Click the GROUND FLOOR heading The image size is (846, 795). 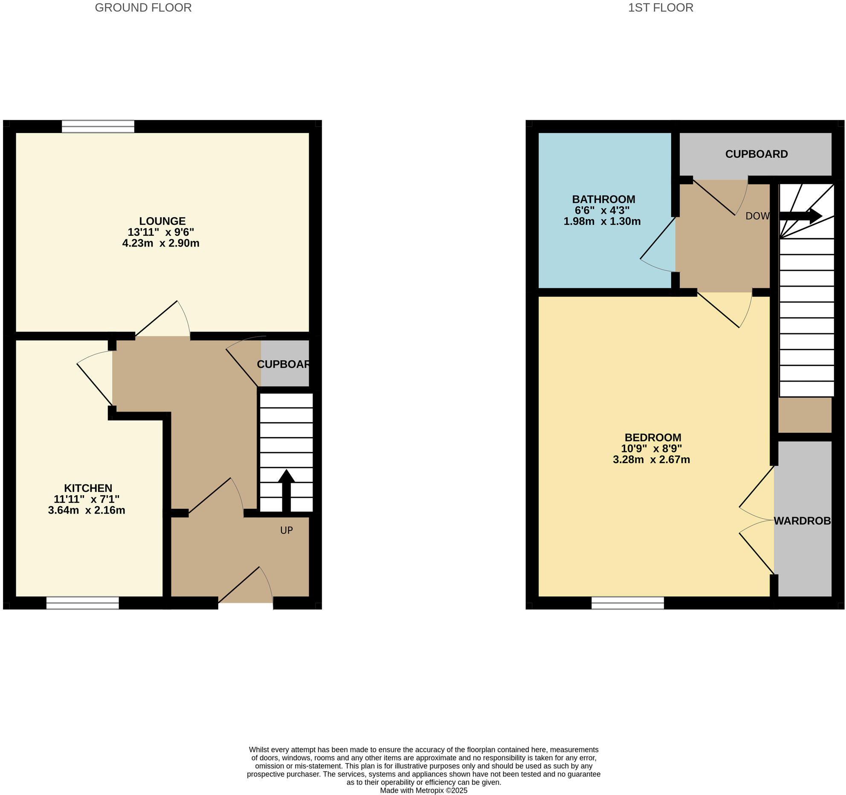coord(143,8)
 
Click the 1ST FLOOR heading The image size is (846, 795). coord(660,8)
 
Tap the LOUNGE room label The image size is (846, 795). coord(162,221)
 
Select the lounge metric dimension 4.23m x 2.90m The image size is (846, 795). coord(161,244)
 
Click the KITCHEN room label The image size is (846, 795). coord(88,488)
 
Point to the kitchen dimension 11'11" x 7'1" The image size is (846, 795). coord(87,499)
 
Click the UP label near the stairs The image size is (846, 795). coord(286,530)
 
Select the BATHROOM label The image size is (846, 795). coord(603,199)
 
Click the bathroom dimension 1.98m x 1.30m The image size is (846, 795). coord(602,222)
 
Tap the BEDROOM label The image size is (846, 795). coord(652,437)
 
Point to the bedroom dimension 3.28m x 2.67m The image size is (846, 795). coord(651,460)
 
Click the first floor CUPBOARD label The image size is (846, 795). coord(756,154)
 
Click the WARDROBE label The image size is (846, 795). coord(802,521)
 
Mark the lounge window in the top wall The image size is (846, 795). coord(98,126)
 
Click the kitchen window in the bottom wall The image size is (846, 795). coord(82,603)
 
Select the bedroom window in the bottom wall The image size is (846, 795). coord(627,603)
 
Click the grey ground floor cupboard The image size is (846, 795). coord(284,363)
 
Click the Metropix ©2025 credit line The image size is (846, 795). coord(423,790)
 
